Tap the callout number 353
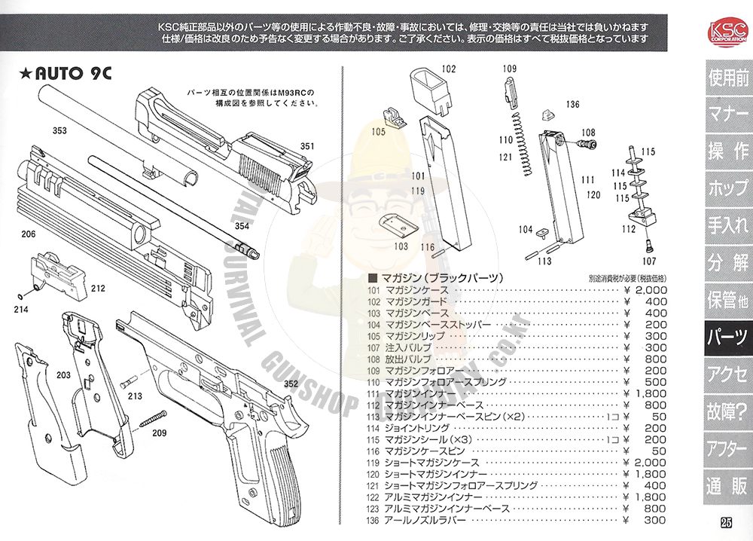59,131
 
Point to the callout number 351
307,146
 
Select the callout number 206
29,234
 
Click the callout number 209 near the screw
160,433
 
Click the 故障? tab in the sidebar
727,410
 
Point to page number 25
726,524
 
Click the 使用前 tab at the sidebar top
727,78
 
